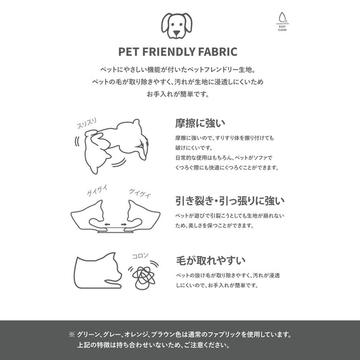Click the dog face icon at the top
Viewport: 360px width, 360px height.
(176, 26)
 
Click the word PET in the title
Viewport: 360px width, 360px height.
(128, 52)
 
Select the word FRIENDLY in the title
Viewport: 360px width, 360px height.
(168, 52)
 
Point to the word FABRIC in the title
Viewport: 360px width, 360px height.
(218, 52)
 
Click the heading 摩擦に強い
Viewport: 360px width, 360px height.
(200, 123)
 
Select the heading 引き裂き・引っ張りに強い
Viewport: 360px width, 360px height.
(230, 200)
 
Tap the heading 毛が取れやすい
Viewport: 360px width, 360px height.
(211, 260)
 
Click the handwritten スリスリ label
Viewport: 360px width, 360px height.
(87, 124)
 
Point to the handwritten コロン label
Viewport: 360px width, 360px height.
(140, 256)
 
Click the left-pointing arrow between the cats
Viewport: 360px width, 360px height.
(107, 224)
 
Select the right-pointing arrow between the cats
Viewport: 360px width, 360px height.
(124, 224)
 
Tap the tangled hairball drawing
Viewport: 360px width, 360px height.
(143, 277)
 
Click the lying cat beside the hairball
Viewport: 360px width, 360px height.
(98, 271)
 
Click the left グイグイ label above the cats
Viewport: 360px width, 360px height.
(97, 191)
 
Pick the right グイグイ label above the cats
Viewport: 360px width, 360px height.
(140, 193)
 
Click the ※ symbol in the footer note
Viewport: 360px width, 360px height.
(71, 334)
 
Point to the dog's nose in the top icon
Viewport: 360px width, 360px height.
(176, 34)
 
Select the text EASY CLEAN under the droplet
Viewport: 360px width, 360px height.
(282, 28)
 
